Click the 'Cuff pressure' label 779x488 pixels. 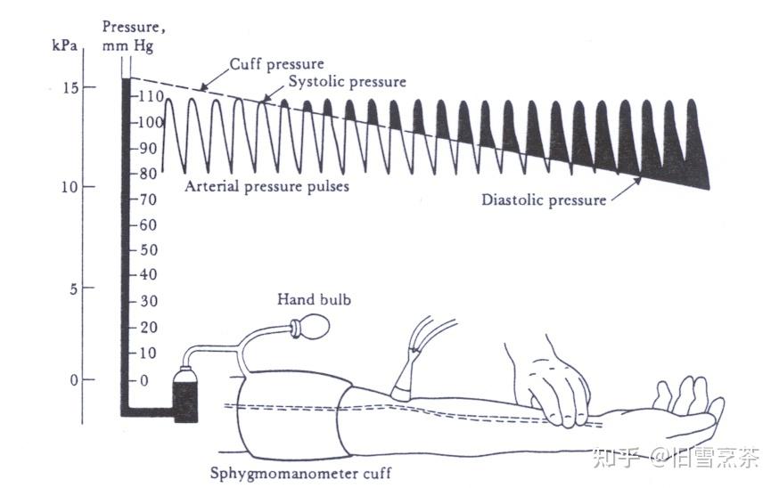pyautogui.click(x=276, y=64)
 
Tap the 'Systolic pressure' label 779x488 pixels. pyautogui.click(x=347, y=82)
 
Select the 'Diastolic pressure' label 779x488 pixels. pyautogui.click(x=544, y=199)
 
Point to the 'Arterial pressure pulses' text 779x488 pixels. pyautogui.click(x=266, y=186)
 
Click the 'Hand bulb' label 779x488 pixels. pyautogui.click(x=314, y=299)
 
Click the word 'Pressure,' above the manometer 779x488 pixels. pyautogui.click(x=128, y=28)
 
